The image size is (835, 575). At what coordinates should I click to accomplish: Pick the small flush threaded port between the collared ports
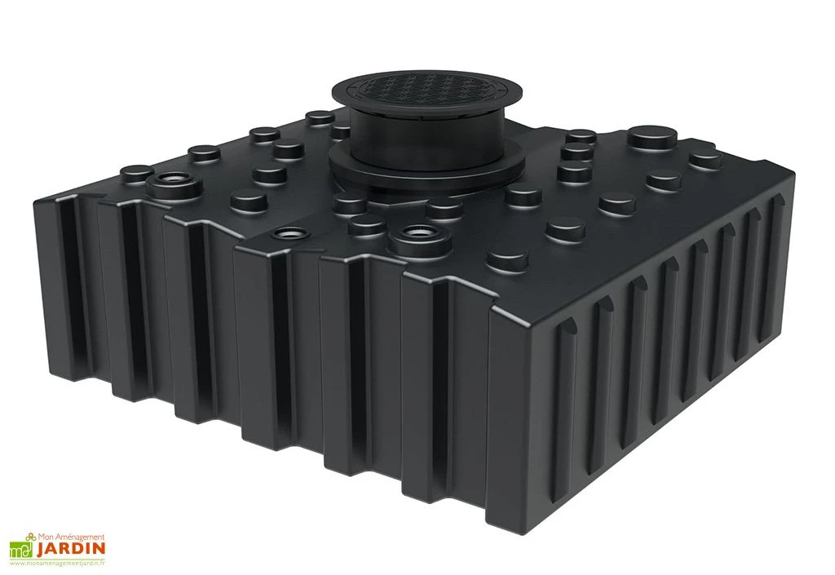(285, 232)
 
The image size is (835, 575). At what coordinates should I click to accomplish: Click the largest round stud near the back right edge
(652, 136)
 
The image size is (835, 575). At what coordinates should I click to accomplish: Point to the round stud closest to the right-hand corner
(704, 159)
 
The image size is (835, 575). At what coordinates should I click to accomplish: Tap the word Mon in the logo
(46, 537)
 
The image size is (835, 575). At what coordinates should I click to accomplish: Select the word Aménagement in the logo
(82, 537)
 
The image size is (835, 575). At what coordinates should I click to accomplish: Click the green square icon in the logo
(20, 550)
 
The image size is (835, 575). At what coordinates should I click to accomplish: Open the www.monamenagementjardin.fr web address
(58, 564)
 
